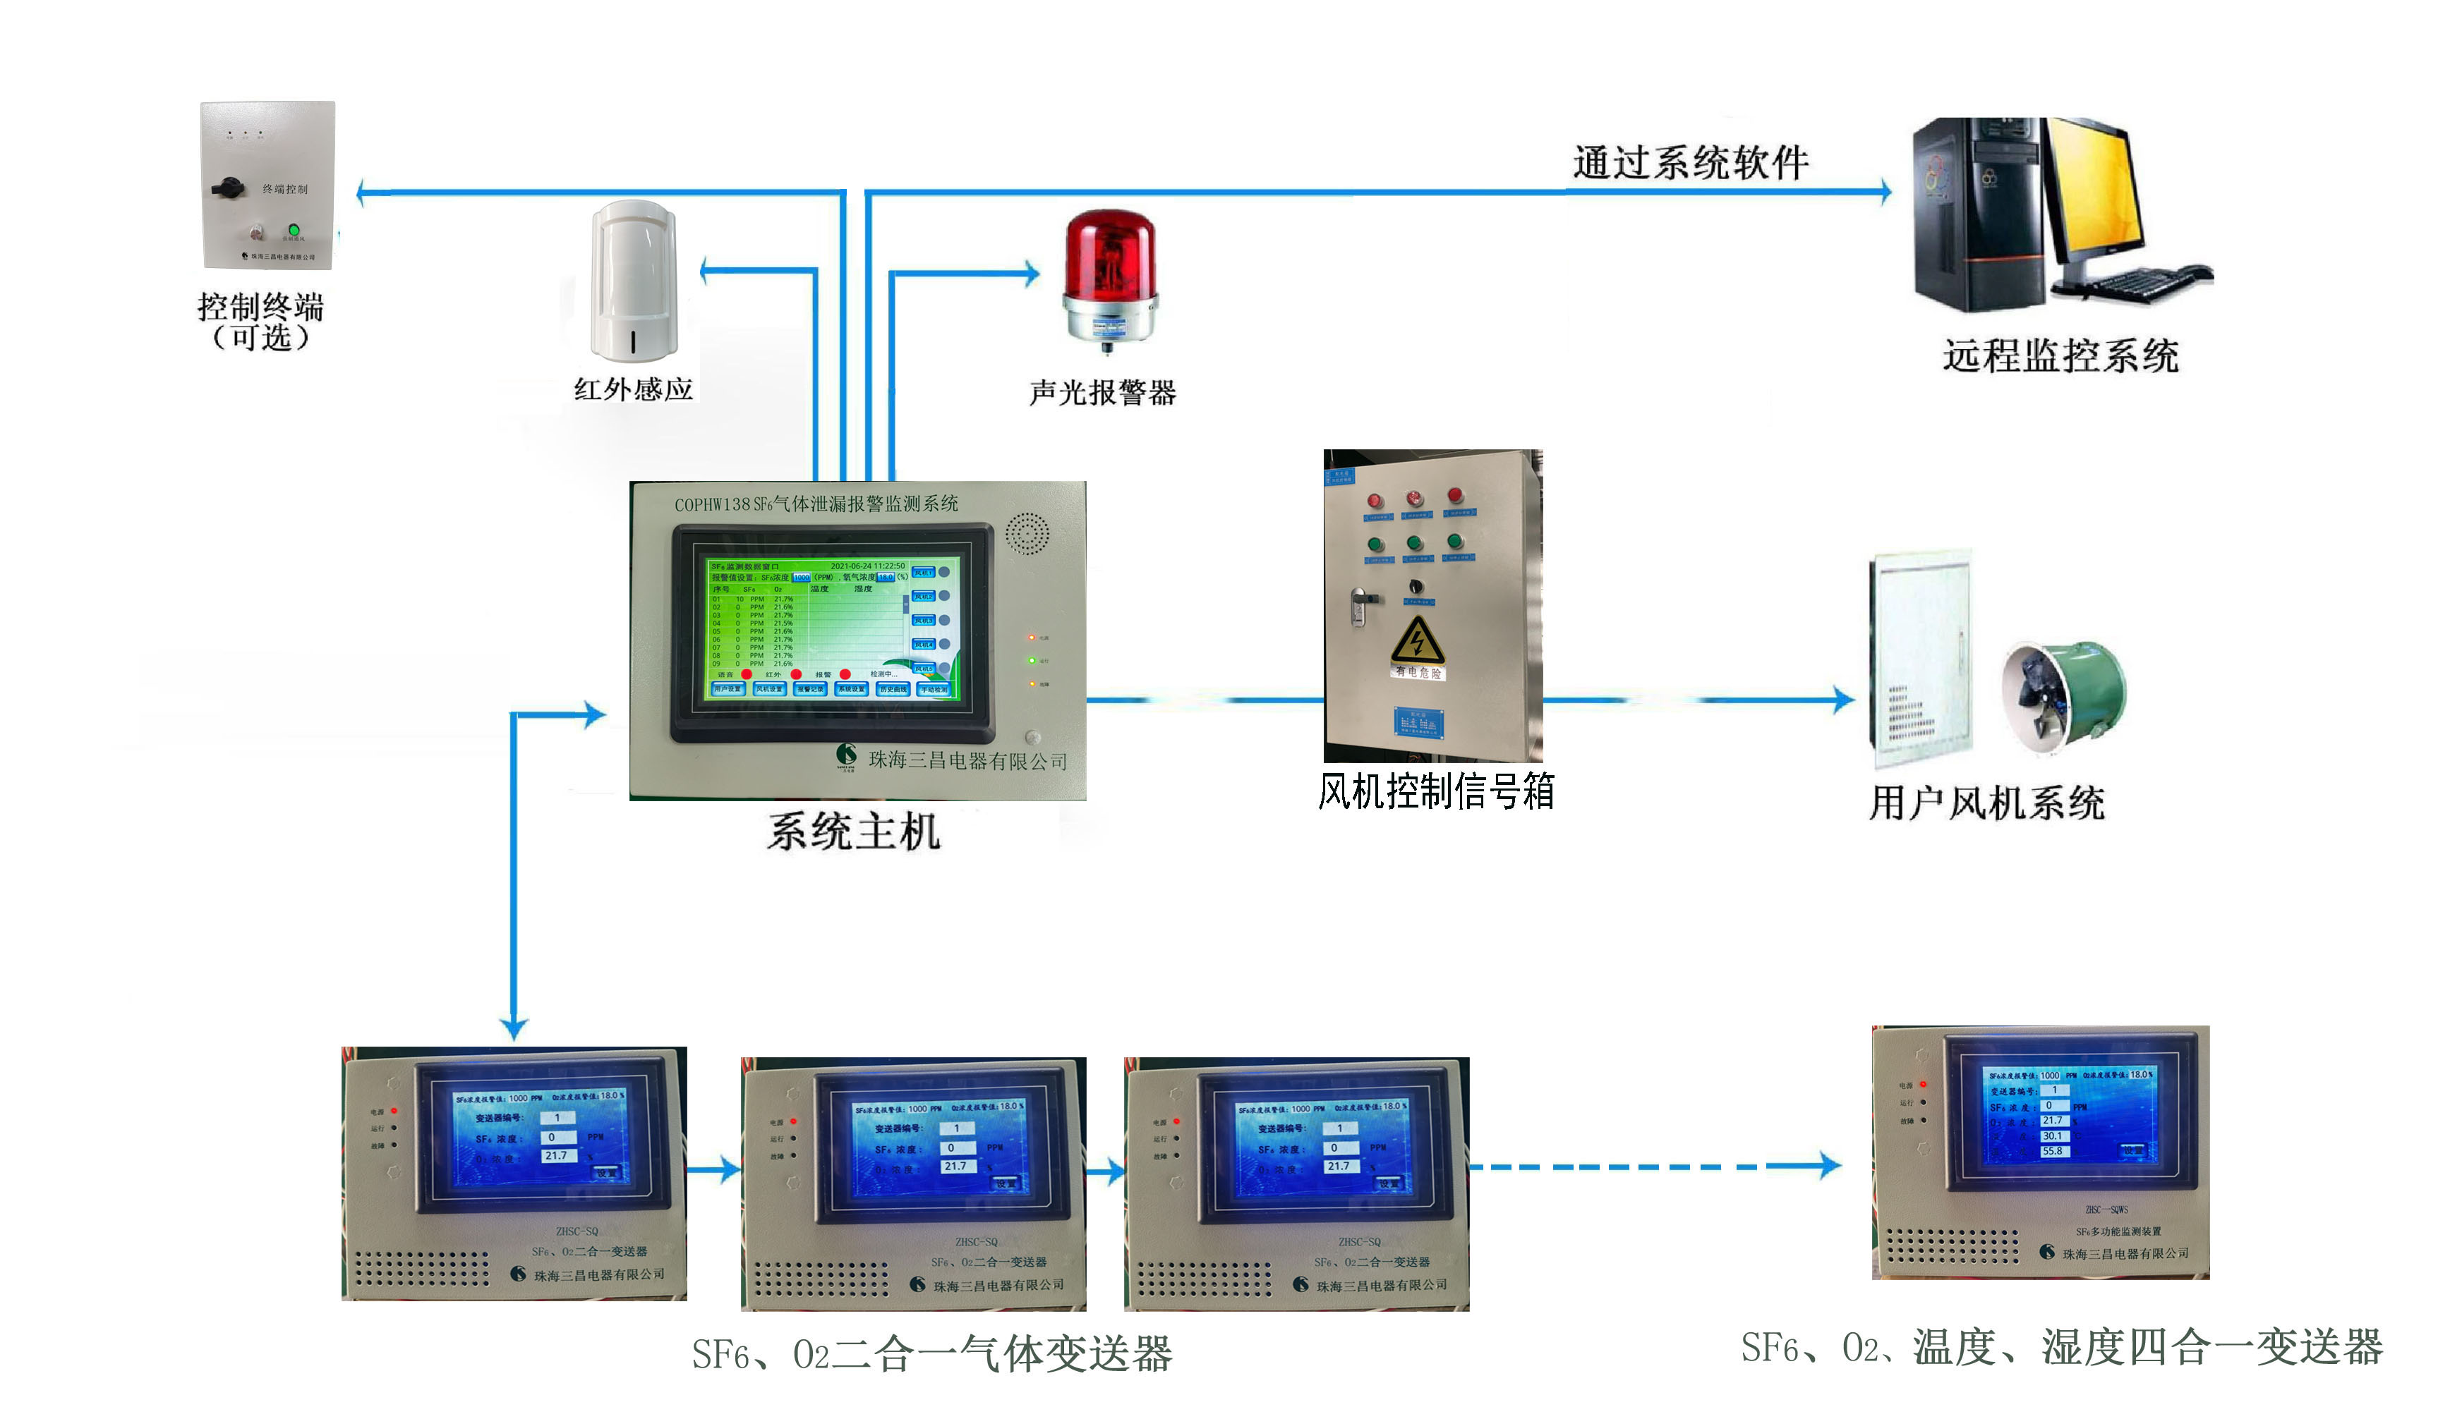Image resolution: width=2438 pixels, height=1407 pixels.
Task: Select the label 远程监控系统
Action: (2060, 355)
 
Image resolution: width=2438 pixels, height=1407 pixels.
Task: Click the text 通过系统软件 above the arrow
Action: (1690, 162)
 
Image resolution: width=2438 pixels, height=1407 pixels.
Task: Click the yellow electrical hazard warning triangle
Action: (1417, 640)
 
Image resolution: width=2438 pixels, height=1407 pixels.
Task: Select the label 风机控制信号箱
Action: (1435, 791)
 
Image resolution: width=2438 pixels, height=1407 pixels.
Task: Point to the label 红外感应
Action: (633, 389)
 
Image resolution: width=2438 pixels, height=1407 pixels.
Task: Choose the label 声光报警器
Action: (1102, 392)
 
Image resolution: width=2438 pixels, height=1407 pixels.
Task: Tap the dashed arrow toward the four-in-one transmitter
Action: (1653, 1167)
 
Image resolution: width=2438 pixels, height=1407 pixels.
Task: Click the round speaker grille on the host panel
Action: (1026, 533)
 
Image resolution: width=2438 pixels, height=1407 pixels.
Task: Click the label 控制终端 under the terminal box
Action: (260, 307)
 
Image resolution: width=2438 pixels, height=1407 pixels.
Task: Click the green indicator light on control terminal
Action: (294, 230)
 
